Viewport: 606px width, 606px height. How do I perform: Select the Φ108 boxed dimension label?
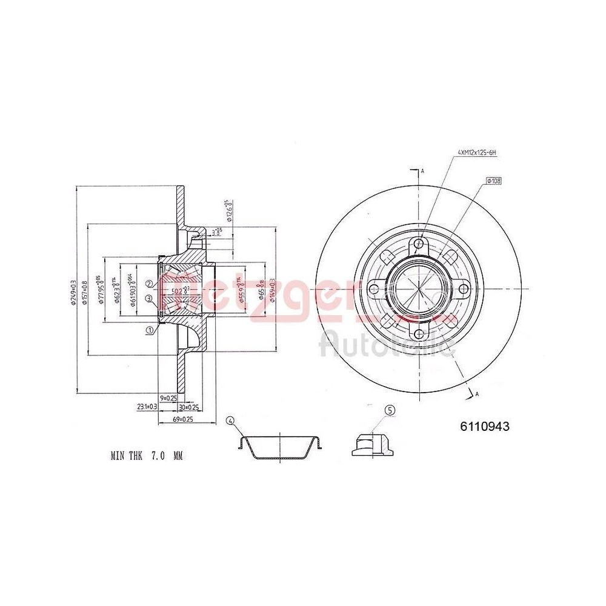coord(494,181)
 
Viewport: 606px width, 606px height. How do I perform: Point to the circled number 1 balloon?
coord(149,330)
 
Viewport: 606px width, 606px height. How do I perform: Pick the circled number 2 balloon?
coord(149,284)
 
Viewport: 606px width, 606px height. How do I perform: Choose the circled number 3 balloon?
coord(149,298)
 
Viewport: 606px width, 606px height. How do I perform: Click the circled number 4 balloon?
coord(230,421)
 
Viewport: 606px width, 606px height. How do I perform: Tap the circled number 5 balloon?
coord(390,410)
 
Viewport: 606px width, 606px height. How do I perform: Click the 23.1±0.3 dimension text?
coord(147,407)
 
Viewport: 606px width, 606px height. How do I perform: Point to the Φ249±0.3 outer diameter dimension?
coord(73,290)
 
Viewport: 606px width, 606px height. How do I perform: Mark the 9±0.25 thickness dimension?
coord(168,398)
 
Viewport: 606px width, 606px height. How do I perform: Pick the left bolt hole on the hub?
coord(374,289)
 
